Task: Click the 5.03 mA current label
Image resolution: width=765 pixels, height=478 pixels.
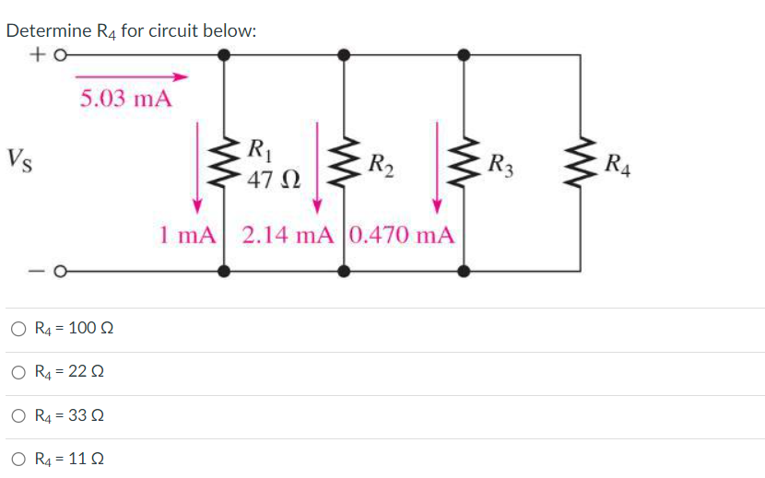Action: point(125,99)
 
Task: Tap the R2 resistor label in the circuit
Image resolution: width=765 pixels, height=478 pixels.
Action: point(380,166)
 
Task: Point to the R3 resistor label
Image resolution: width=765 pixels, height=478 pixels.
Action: point(501,167)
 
